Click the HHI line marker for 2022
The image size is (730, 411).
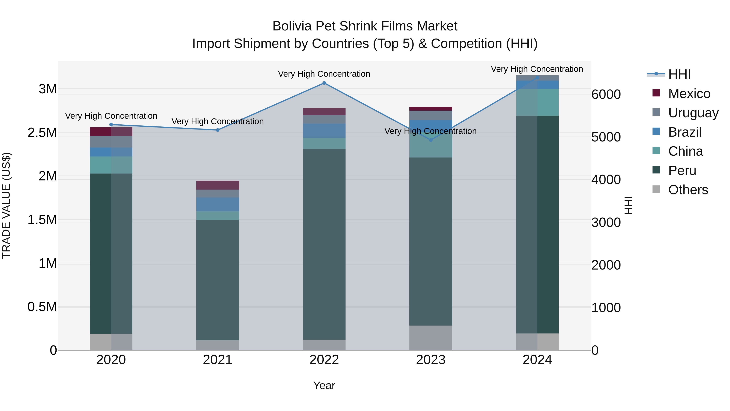(x=324, y=83)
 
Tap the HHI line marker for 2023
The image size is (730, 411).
(x=431, y=140)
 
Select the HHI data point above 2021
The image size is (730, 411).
(x=218, y=130)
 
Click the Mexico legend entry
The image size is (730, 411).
(x=689, y=94)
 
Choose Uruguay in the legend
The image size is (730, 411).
(x=693, y=113)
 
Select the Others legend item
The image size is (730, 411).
(x=688, y=190)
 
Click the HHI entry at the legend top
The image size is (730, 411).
(x=679, y=74)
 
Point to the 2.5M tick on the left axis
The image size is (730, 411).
(x=42, y=133)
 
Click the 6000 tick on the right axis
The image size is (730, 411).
(x=606, y=94)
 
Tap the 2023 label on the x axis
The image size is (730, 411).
(x=431, y=360)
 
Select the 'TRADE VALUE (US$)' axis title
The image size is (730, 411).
(x=6, y=205)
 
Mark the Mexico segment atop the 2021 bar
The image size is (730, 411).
(x=218, y=185)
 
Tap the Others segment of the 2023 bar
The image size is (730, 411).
(x=431, y=338)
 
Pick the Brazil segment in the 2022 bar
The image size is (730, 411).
(x=324, y=131)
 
